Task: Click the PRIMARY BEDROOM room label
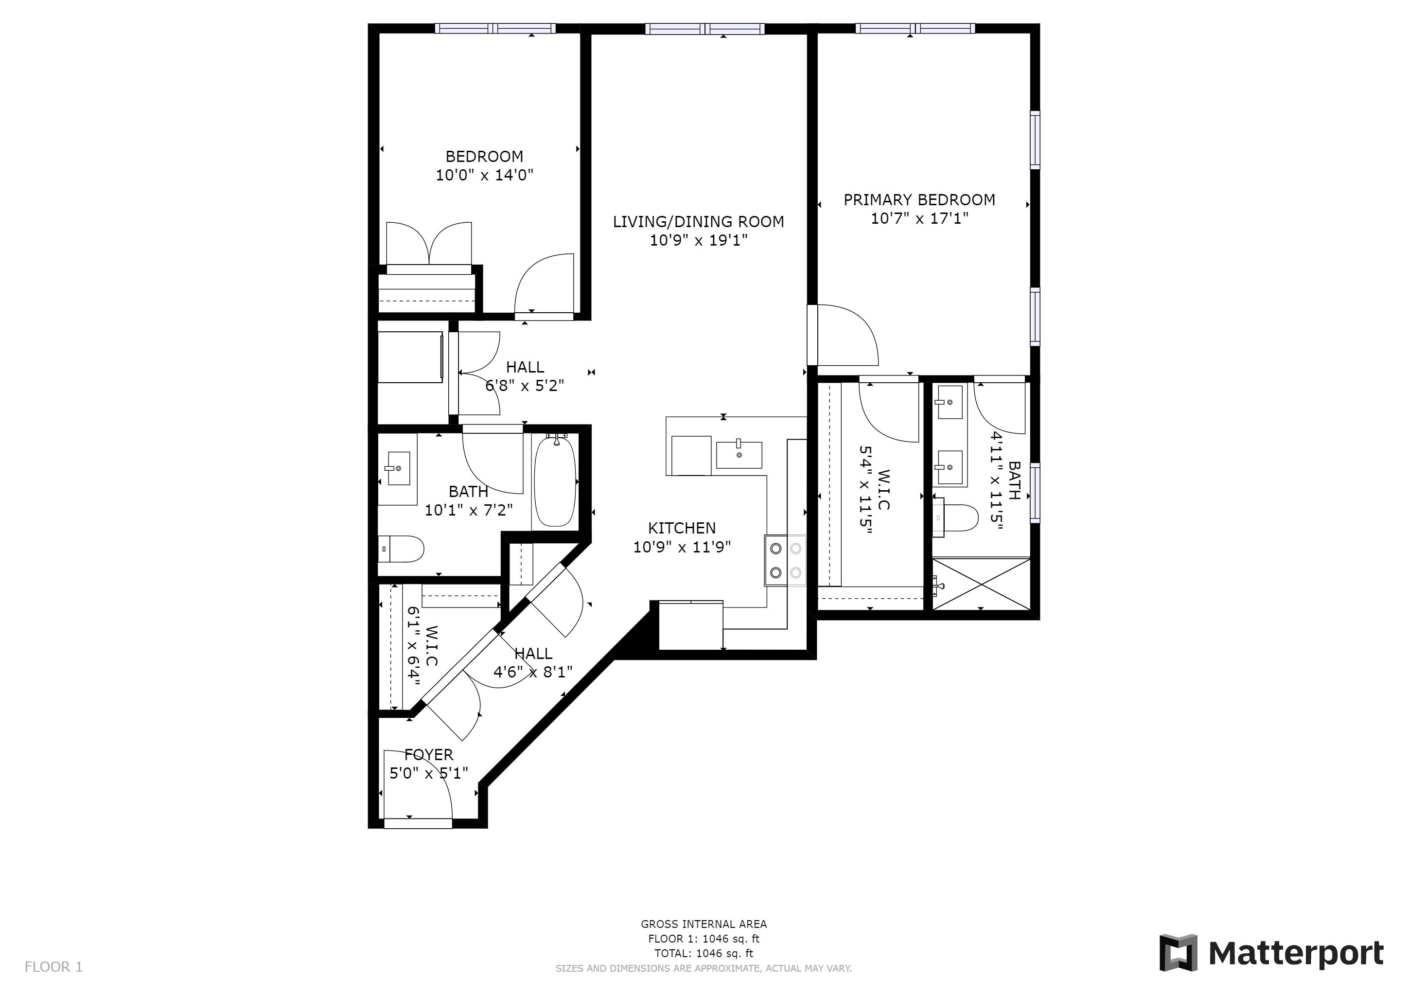(x=918, y=200)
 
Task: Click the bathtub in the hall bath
(x=555, y=481)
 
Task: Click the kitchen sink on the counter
(x=739, y=454)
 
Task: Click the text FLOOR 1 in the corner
(x=53, y=967)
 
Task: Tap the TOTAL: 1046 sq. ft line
(x=704, y=953)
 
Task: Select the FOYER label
(x=429, y=755)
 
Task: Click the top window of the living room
(x=704, y=29)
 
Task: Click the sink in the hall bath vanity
(x=399, y=468)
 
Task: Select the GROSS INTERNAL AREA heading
(x=704, y=924)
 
